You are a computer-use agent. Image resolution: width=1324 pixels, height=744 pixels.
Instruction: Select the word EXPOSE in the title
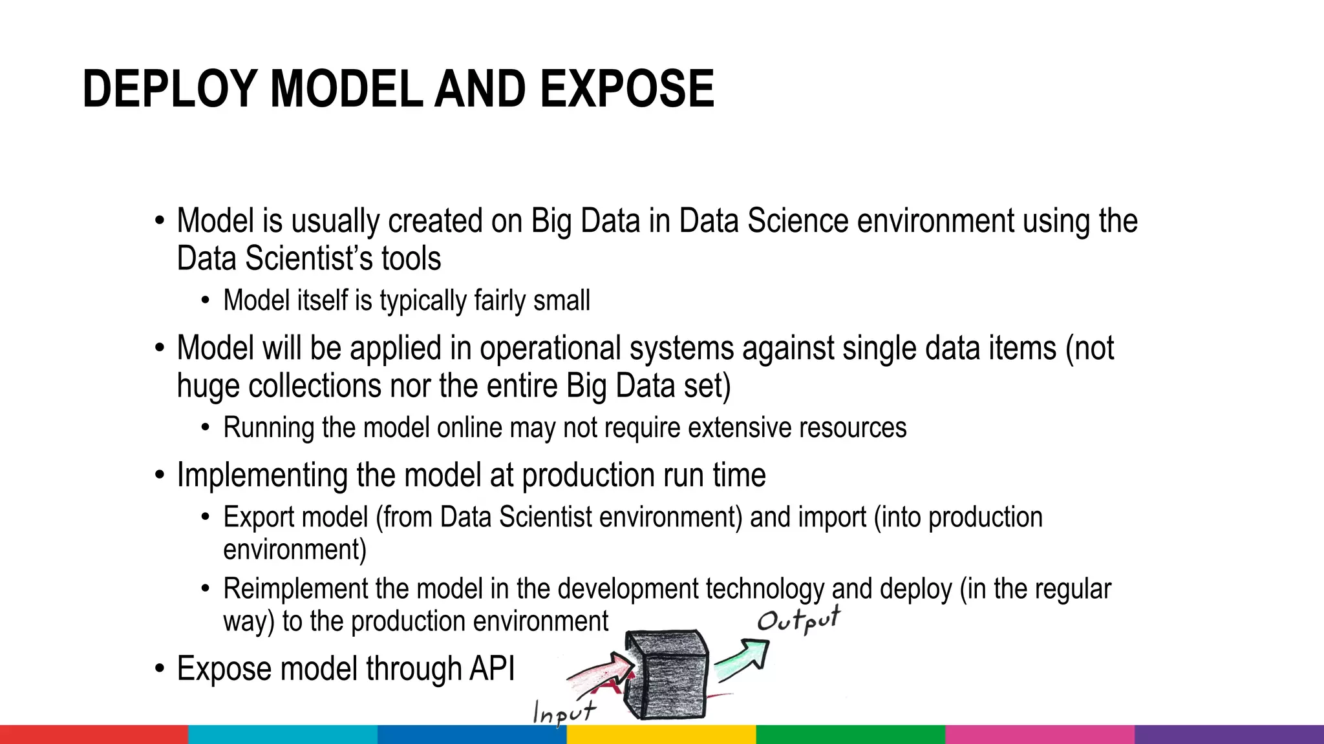pos(626,89)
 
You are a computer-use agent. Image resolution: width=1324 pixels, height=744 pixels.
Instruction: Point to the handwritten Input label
pos(563,712)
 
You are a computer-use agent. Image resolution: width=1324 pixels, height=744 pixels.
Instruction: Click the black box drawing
pos(666,675)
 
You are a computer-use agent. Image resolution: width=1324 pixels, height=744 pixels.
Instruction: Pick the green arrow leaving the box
pos(743,659)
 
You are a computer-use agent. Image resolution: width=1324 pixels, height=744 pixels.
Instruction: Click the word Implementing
pos(262,475)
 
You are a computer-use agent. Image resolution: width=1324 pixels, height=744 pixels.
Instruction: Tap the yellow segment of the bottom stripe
pos(661,735)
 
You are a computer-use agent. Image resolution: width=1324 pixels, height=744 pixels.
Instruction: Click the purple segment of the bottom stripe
pos(1229,735)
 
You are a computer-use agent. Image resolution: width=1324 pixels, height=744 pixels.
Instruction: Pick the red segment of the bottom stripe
pos(94,735)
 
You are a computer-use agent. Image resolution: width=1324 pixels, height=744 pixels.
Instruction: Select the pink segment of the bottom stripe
pos(1040,735)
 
